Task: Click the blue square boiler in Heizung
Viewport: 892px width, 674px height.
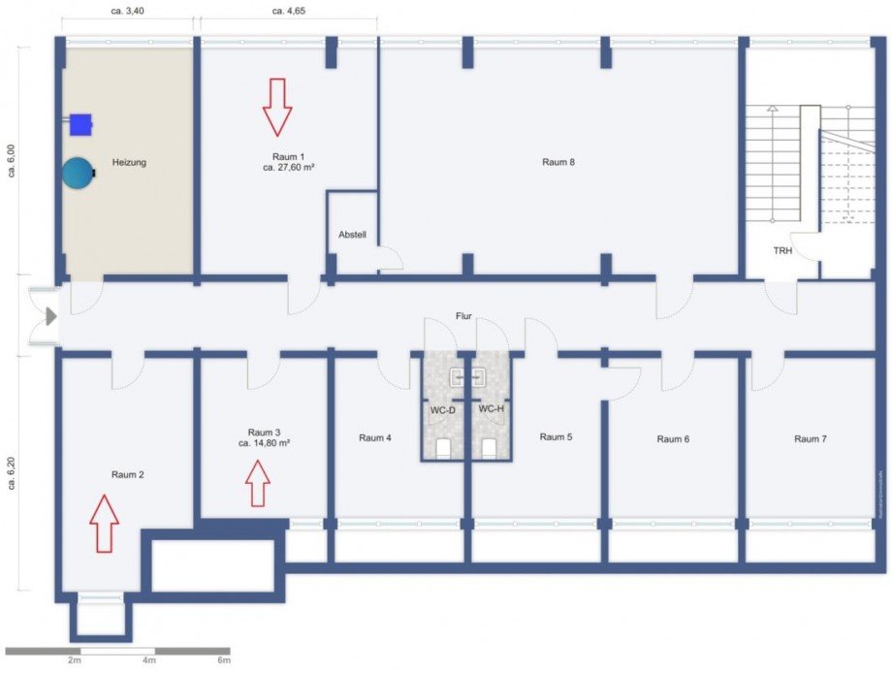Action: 80,123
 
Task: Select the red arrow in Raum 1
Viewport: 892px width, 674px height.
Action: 277,107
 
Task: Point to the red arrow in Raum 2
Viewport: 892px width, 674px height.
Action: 104,523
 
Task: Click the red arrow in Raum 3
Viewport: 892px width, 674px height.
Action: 258,483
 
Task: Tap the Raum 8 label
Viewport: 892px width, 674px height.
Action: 558,162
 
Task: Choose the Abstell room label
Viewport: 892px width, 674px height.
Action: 352,235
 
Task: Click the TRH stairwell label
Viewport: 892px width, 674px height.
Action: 782,250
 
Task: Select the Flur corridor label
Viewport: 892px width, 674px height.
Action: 464,316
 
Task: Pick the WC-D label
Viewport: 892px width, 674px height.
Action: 443,409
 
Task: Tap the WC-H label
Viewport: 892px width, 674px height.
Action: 492,409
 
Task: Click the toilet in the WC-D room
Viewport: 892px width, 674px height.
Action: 444,447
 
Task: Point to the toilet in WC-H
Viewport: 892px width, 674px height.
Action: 490,447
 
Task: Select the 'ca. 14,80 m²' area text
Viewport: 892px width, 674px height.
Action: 265,442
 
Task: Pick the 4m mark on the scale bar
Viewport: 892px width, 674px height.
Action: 148,660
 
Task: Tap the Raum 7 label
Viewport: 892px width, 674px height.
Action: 811,438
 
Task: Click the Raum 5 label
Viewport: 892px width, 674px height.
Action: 556,436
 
